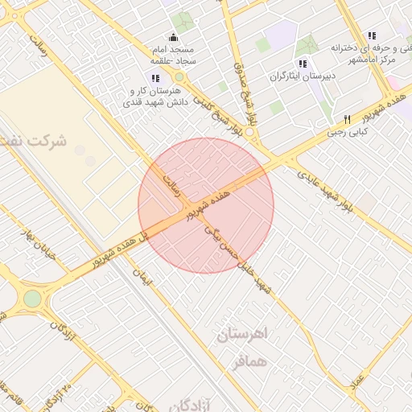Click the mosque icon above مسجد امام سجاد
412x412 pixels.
(172, 37)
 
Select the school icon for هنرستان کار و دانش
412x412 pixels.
(155, 79)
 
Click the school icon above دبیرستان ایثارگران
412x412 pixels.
(303, 64)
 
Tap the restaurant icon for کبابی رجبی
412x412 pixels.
(347, 118)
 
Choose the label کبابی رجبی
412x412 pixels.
(347, 130)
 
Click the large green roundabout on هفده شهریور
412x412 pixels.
(31, 299)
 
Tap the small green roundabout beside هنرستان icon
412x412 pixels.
(179, 77)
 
